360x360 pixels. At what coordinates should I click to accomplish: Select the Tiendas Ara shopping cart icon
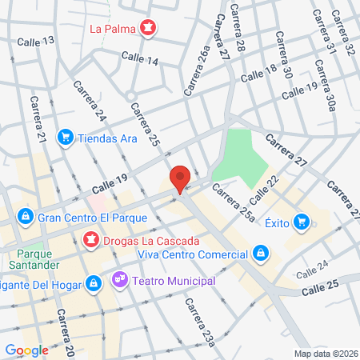point(66,137)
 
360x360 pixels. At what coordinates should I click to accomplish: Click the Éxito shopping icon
point(301,221)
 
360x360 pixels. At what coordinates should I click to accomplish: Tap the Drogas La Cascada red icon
point(91,239)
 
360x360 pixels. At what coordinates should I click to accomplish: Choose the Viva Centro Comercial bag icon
point(259,254)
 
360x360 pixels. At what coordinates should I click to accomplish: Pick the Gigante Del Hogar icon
point(94,282)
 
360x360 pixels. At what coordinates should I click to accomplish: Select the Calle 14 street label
point(140,58)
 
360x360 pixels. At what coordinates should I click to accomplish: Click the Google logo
point(26,350)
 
